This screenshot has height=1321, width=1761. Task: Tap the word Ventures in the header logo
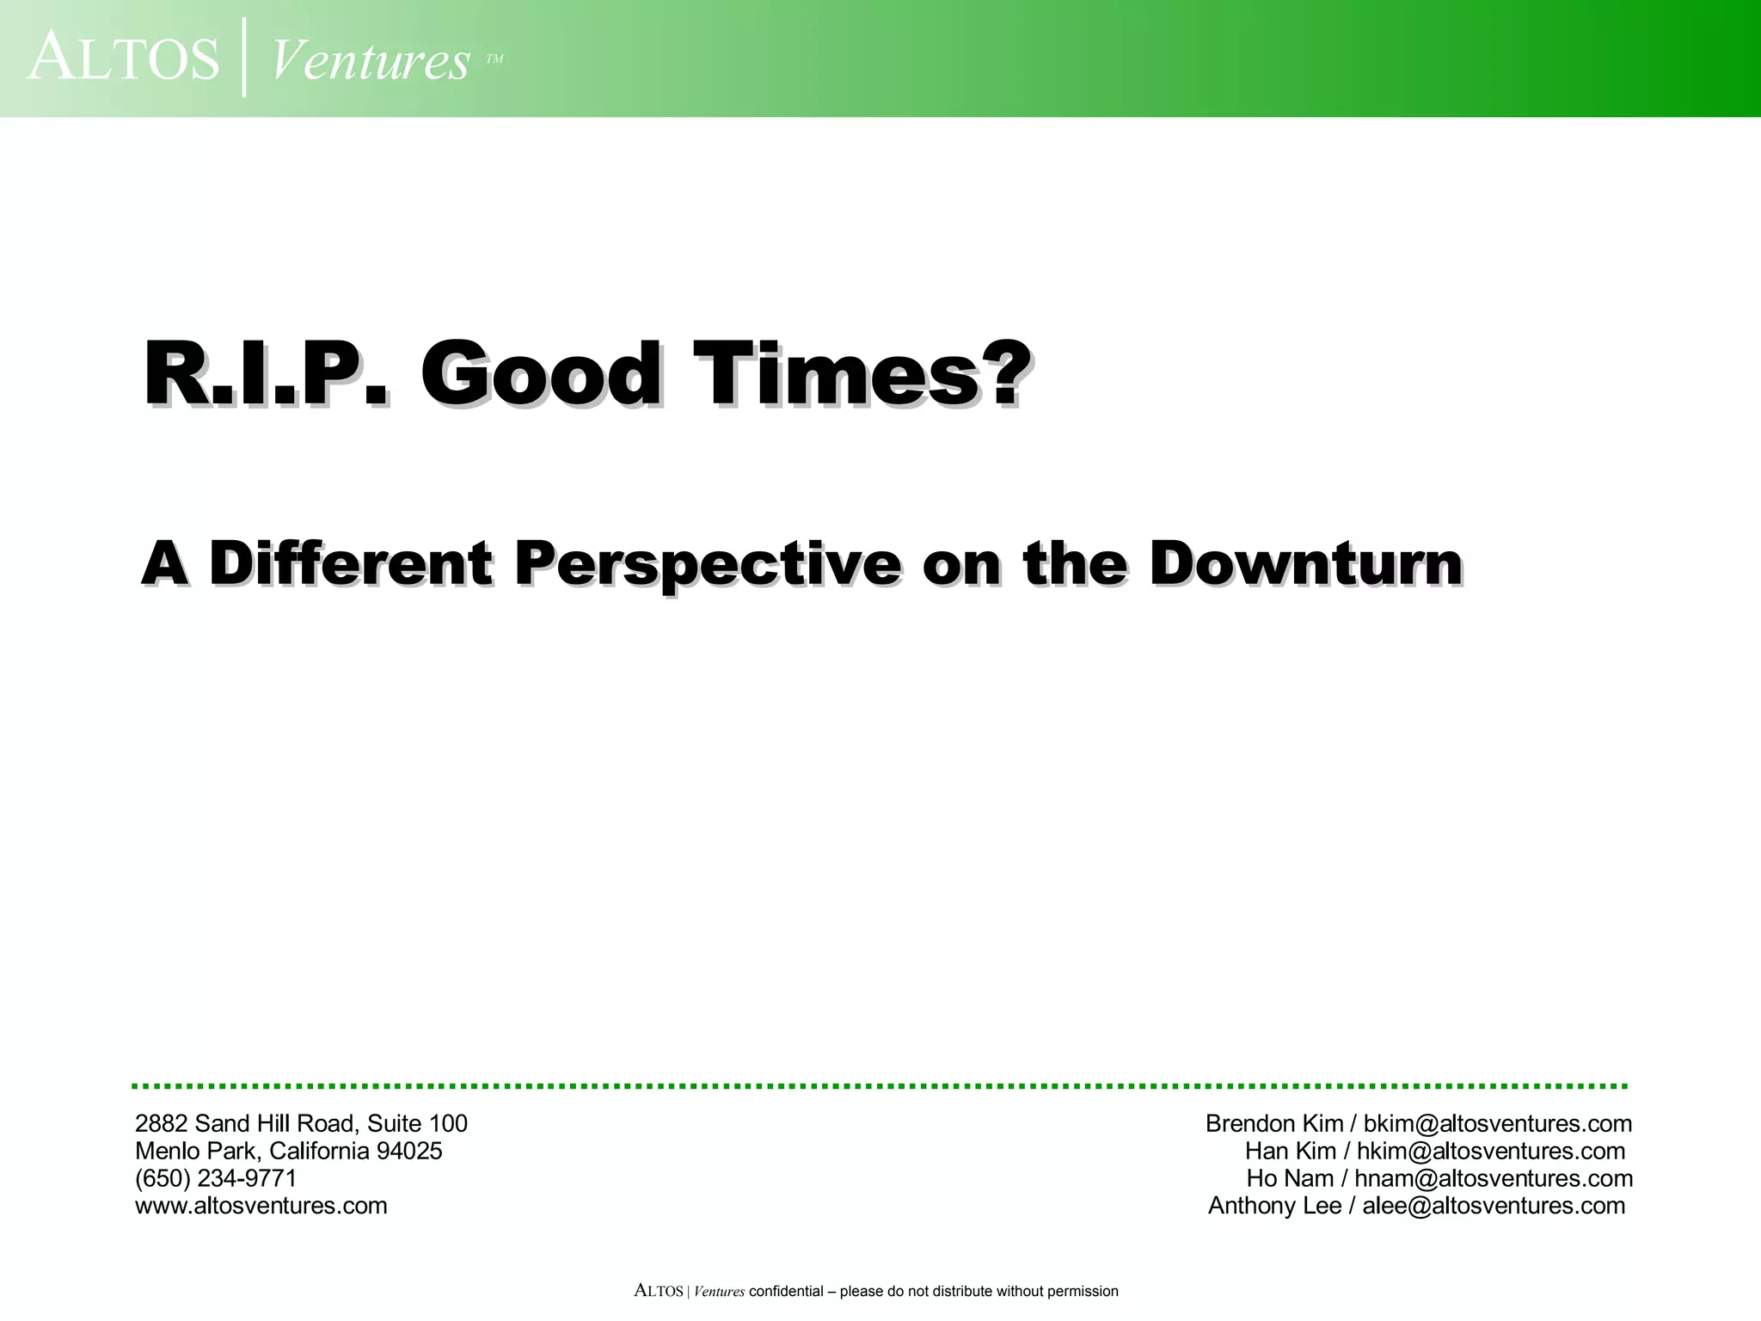tap(371, 60)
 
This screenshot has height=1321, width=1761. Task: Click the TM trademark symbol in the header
tap(494, 59)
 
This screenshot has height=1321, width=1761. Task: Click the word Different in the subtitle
tap(351, 564)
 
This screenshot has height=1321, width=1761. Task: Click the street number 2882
tap(162, 1123)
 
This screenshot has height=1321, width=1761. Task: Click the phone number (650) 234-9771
tap(216, 1178)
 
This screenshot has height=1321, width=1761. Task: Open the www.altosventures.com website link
tap(261, 1206)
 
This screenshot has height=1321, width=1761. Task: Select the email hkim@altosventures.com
tap(1491, 1151)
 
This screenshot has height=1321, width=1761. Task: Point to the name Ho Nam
tap(1290, 1178)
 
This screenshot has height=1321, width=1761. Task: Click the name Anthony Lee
tap(1274, 1206)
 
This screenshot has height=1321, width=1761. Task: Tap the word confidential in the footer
tap(786, 1291)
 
